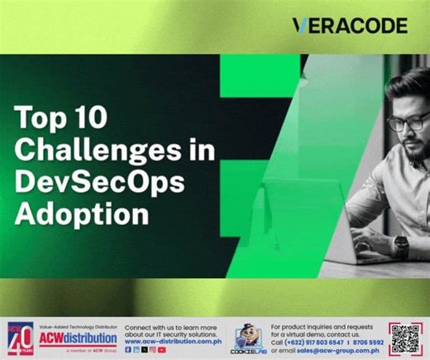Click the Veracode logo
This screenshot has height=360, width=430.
(x=350, y=26)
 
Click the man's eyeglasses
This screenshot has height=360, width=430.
(x=407, y=123)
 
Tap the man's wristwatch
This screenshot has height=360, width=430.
(x=401, y=245)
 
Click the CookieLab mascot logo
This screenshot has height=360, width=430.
(x=248, y=338)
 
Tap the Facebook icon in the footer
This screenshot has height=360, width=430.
(x=128, y=350)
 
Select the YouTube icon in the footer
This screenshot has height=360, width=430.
(x=162, y=350)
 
